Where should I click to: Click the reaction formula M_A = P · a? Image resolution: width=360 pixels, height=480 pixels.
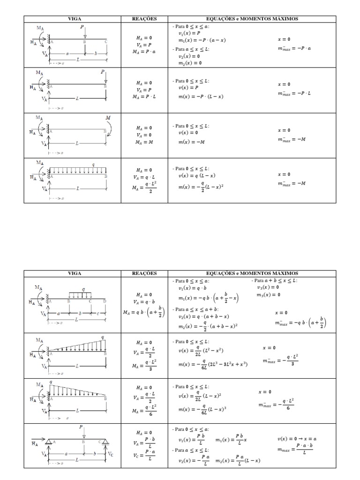point(144,52)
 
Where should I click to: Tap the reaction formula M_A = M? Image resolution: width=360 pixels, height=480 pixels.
point(144,142)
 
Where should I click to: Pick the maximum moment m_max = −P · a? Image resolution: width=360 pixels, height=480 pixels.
point(294,48)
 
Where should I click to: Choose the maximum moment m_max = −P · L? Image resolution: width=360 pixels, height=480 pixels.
point(294,93)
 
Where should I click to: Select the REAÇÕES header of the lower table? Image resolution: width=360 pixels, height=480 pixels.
point(144,273)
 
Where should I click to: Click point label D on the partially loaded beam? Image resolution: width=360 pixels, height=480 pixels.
point(105,300)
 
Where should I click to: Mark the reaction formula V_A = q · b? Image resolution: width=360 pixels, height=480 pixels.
point(144,302)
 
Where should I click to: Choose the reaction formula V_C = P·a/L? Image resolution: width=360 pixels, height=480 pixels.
point(144,455)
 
